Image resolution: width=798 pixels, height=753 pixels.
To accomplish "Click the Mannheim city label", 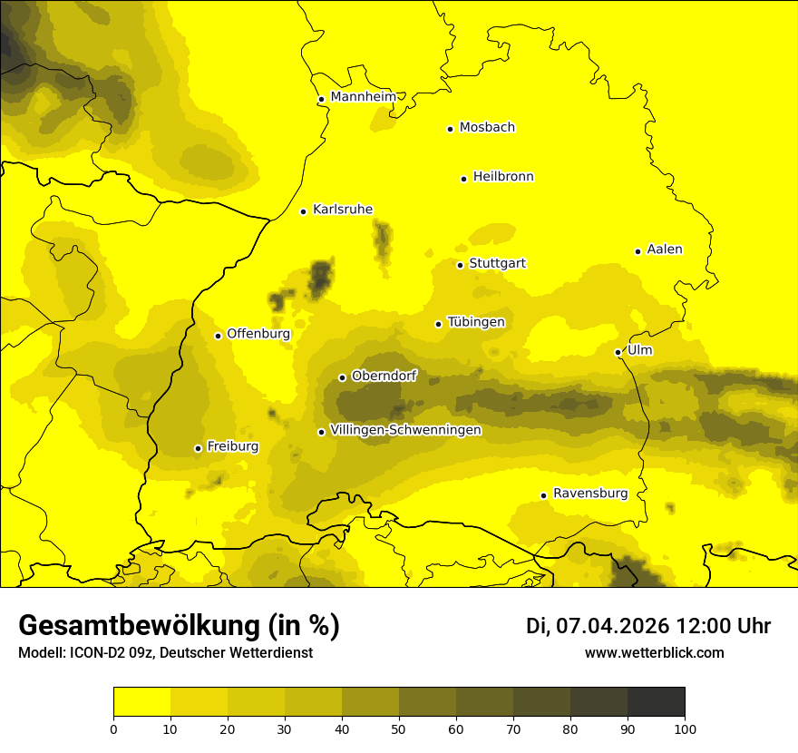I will (363, 96).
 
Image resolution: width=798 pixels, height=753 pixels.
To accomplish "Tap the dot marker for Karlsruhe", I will (303, 211).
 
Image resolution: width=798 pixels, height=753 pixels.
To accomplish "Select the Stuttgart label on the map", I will (497, 263).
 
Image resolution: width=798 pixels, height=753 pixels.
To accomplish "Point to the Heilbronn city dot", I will (463, 179).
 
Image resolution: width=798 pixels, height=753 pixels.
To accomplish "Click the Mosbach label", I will (487, 127).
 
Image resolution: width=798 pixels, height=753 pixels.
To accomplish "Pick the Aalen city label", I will (665, 249).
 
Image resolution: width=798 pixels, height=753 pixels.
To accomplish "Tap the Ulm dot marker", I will (618, 352).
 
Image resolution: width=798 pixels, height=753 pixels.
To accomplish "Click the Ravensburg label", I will (590, 494).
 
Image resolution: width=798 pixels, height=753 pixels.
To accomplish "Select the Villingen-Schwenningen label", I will (405, 430).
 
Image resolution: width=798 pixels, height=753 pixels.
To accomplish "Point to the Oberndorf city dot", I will (342, 377).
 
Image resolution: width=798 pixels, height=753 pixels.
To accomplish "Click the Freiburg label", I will (232, 446).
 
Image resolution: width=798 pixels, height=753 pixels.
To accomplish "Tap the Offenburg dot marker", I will (218, 336).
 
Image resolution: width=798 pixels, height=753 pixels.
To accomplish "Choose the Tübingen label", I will (476, 322).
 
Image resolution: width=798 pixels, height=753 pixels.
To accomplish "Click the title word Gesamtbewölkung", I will (137, 626).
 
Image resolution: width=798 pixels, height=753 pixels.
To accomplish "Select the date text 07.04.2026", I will (612, 626).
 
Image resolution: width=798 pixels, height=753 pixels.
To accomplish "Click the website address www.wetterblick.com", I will (654, 653).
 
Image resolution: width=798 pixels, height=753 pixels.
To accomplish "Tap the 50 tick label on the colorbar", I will (399, 729).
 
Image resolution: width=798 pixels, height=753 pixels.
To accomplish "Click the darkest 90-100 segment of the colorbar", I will (656, 702).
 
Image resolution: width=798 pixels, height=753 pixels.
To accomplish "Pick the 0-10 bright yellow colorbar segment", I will (141, 702).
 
